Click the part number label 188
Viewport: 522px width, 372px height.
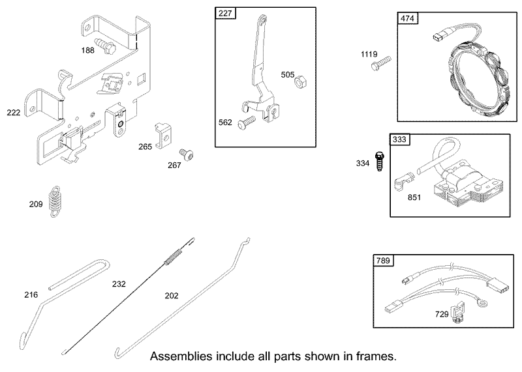coord(88,50)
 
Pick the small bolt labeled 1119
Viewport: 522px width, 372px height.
coord(381,63)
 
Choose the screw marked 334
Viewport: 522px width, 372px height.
coord(378,161)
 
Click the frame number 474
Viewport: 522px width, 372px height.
coord(407,18)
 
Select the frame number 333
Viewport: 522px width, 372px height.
coord(399,139)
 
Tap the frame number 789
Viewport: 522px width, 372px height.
coord(383,261)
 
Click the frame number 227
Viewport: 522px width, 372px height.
coord(225,13)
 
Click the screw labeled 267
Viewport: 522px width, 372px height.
coord(187,154)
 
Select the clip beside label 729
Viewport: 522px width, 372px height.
coord(457,313)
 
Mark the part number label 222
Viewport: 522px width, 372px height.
coord(13,113)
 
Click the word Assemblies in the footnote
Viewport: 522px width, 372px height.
coord(181,357)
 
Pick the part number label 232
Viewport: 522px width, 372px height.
coord(119,284)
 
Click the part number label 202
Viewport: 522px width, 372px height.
coord(172,296)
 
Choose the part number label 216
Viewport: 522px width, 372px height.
coord(31,294)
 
